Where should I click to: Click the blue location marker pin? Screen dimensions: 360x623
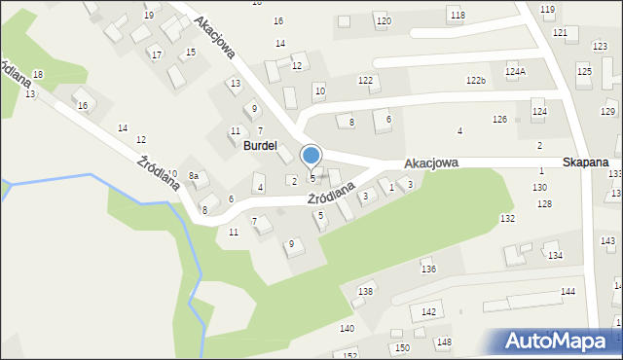click(x=311, y=156)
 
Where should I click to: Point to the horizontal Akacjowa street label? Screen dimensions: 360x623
click(x=431, y=164)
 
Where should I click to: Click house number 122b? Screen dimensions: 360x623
click(x=475, y=81)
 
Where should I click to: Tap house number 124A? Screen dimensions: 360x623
click(x=515, y=72)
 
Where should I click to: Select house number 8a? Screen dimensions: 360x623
click(x=194, y=175)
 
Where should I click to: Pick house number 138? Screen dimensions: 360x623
click(x=365, y=292)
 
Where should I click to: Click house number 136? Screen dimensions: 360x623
click(x=426, y=269)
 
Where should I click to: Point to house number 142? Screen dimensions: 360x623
click(x=428, y=312)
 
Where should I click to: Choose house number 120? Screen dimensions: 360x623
click(x=384, y=20)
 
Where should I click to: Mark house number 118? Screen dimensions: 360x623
click(x=458, y=15)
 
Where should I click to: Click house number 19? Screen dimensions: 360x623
click(x=148, y=16)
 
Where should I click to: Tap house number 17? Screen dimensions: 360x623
click(x=156, y=54)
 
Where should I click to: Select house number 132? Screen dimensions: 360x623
click(x=507, y=219)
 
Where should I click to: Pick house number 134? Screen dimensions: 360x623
click(x=555, y=255)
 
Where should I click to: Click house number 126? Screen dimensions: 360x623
click(x=499, y=119)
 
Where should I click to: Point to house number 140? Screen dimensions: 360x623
click(x=347, y=329)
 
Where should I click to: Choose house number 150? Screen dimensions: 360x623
click(x=401, y=347)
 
